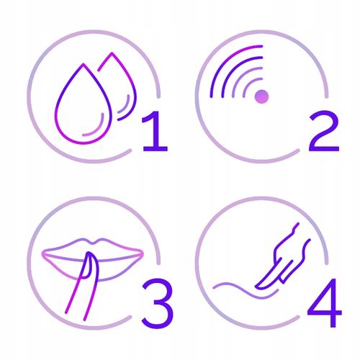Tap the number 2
(x=324, y=131)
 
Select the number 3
(x=158, y=303)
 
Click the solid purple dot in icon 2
(x=261, y=96)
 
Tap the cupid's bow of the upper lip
(x=94, y=242)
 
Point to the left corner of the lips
(x=44, y=253)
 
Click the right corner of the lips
(x=142, y=253)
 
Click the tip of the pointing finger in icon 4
(x=257, y=286)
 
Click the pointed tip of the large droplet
(x=84, y=64)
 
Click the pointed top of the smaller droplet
(x=112, y=53)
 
